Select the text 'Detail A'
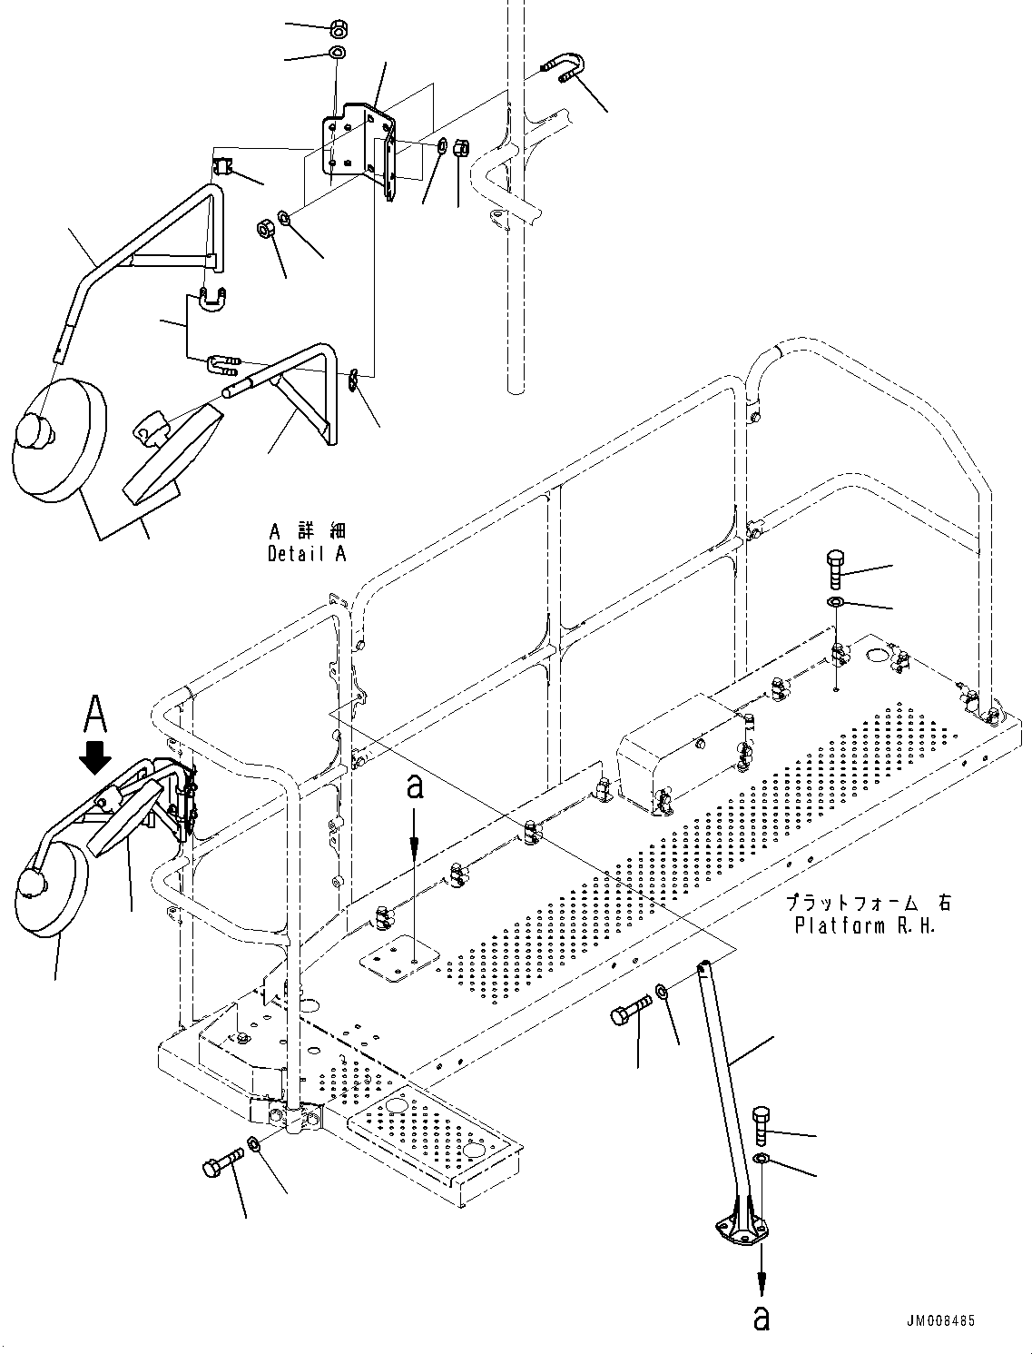tap(307, 553)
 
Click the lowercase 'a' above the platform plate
tap(415, 788)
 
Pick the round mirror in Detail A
tap(56, 440)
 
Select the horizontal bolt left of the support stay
tap(632, 1011)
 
